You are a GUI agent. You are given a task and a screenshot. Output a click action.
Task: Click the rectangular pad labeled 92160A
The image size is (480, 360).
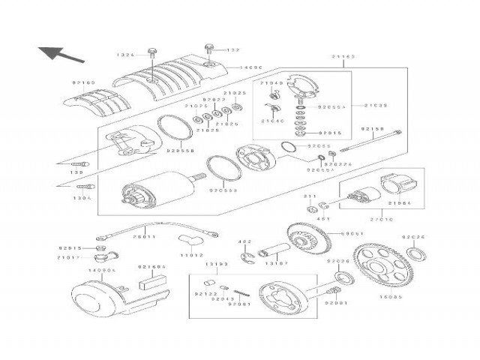tap(149, 284)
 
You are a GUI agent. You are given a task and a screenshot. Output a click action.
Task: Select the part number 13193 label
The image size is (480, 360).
tap(216, 265)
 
